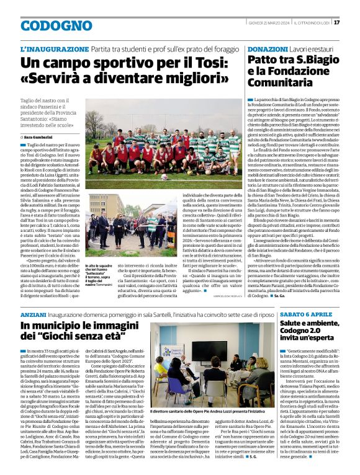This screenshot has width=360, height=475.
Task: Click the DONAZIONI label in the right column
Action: coord(267,48)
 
